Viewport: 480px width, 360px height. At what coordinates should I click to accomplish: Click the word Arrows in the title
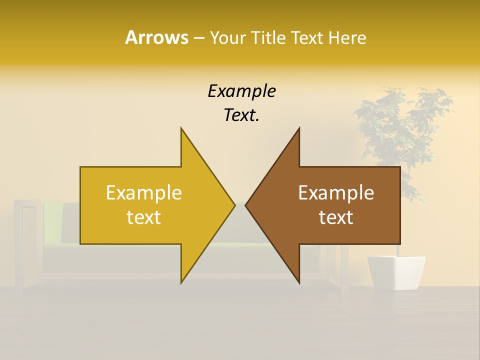(156, 37)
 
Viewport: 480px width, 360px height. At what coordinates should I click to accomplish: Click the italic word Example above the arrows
(241, 91)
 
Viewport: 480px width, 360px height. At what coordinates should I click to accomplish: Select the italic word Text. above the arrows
(241, 115)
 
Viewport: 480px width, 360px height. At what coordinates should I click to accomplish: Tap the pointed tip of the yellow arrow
(233, 205)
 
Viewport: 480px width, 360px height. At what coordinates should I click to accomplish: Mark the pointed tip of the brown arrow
(246, 205)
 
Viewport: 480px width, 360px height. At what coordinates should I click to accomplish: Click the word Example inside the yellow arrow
(144, 193)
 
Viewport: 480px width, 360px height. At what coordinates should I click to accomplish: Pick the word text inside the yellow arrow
(144, 217)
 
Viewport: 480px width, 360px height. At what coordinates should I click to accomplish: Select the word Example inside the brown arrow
(336, 193)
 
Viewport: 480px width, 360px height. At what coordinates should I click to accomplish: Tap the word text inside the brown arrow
(336, 217)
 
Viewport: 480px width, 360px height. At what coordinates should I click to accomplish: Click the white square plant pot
(396, 273)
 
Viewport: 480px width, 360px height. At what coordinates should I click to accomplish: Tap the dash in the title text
(198, 38)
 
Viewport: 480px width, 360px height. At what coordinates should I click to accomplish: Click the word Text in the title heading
(307, 37)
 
